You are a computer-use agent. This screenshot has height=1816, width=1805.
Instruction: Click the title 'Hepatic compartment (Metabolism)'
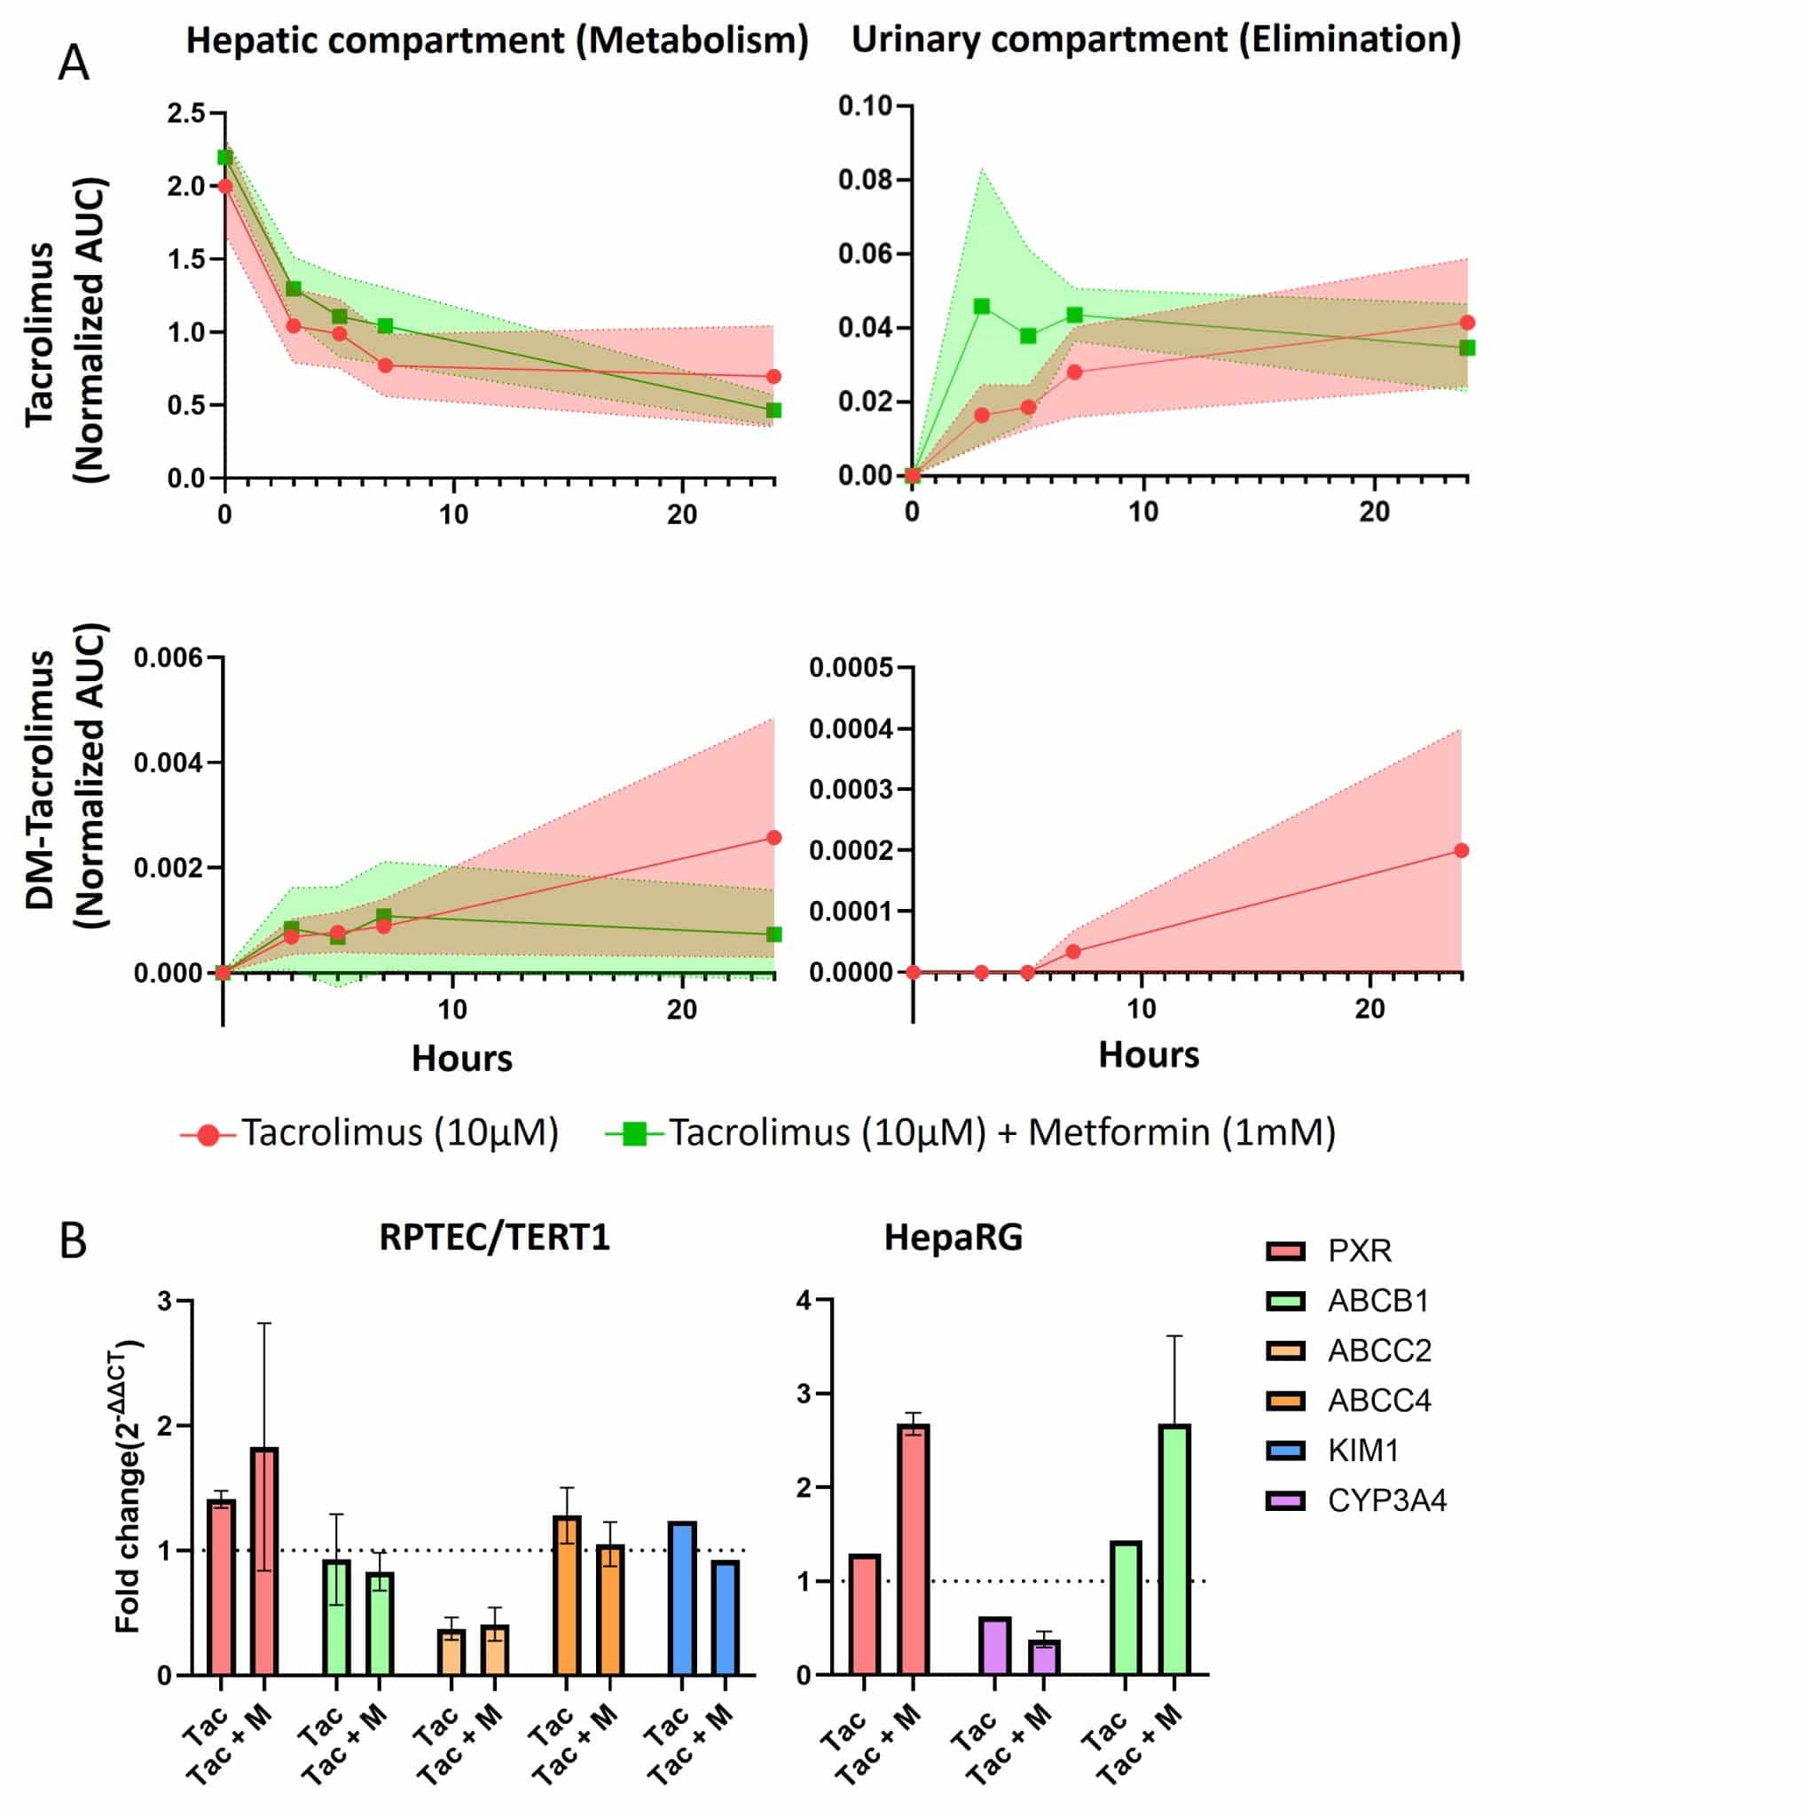coord(497,42)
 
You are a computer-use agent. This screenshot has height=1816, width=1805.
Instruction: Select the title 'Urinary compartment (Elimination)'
coord(1156,40)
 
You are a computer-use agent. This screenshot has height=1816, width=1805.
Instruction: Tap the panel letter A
coord(74,64)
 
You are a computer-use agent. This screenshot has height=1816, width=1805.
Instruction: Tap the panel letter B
coord(73,1241)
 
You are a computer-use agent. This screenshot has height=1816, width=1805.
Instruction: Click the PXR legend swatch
coord(1285,1251)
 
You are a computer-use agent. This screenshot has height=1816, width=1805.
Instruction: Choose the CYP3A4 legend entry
coord(1385,1501)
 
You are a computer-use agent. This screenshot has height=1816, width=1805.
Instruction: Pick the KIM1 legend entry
coord(1362,1452)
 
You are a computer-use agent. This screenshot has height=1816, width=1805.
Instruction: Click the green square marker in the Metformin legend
coord(634,1134)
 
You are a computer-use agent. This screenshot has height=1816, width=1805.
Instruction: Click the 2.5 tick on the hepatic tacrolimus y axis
coord(185,113)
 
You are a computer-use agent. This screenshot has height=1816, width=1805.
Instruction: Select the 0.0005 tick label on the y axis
coord(850,669)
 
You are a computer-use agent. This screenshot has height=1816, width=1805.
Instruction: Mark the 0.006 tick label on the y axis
coord(169,658)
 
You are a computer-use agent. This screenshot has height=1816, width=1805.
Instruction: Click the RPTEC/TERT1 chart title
coord(495,1237)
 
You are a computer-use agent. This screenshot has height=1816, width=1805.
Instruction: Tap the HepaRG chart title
coord(953,1238)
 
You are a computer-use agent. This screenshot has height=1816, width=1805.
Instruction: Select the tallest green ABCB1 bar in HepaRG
coord(1174,1550)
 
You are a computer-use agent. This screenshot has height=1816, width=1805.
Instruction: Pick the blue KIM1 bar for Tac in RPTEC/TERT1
coord(681,1599)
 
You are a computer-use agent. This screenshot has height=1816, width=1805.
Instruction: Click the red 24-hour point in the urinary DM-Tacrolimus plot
coord(1461,850)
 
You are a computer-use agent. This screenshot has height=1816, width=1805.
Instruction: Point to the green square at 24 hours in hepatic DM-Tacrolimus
coord(773,935)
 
